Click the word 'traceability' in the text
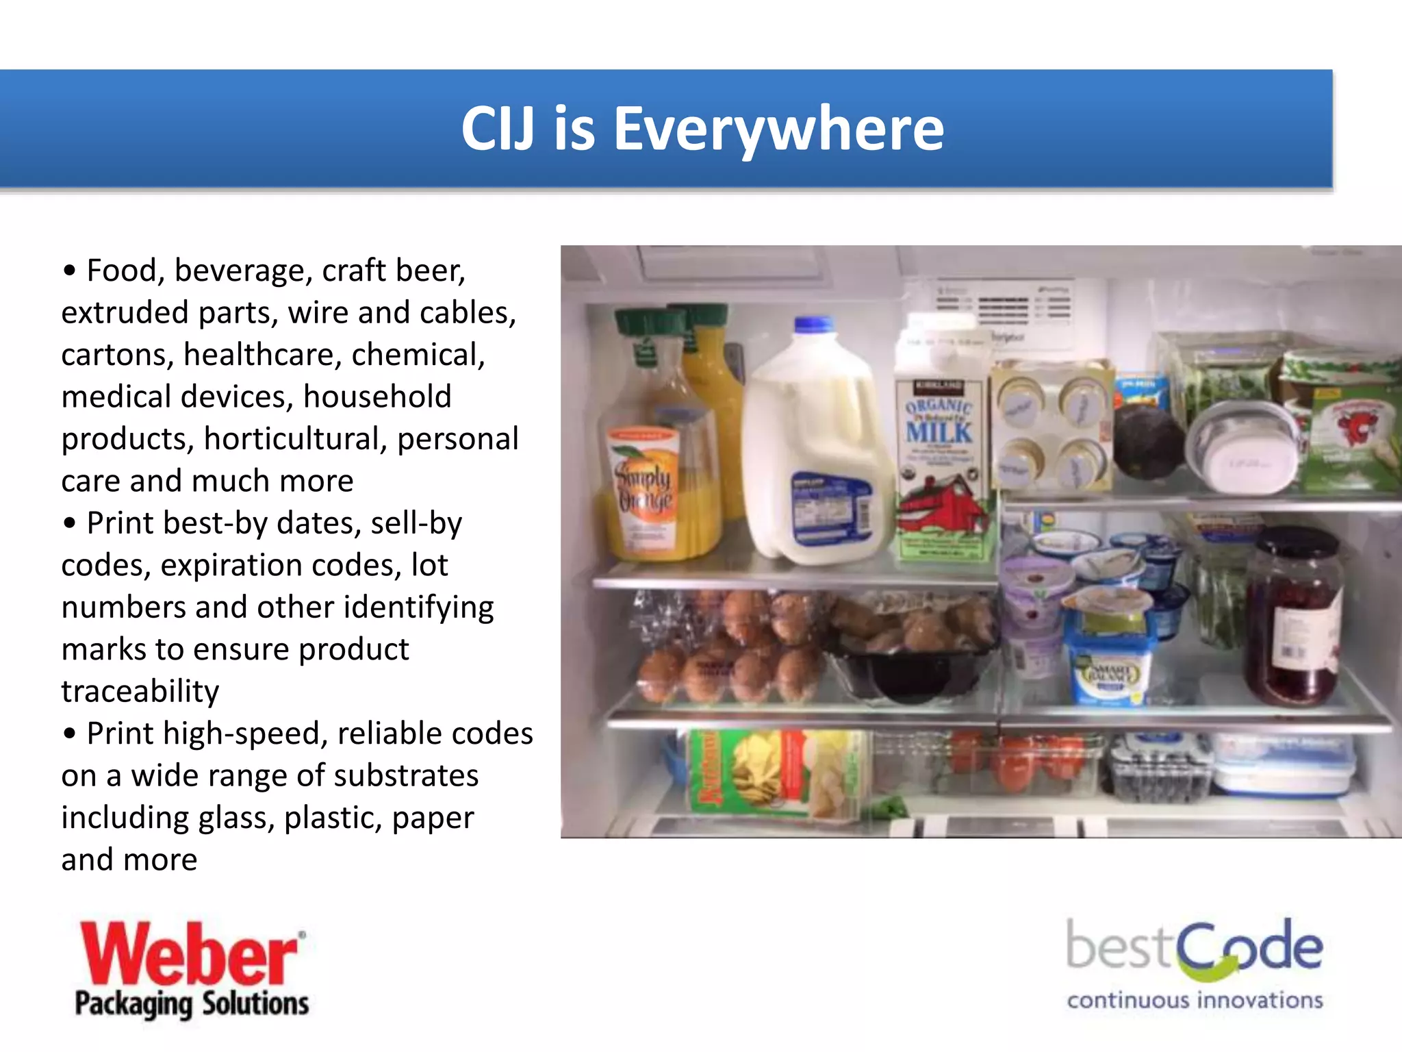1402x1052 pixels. [140, 691]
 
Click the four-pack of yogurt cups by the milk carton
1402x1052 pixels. [1051, 428]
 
